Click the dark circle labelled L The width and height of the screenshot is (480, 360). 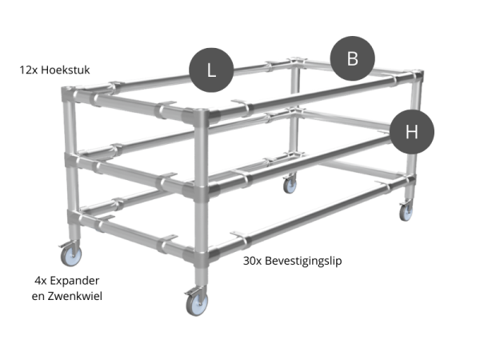pyautogui.click(x=211, y=69)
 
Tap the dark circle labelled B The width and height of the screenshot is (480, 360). pyautogui.click(x=353, y=58)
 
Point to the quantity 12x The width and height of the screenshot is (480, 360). pyautogui.click(x=29, y=70)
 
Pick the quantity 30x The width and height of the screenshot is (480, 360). pyautogui.click(x=254, y=260)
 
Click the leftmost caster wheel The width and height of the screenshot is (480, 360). pyautogui.click(x=69, y=255)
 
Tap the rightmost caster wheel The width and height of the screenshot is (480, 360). pyautogui.click(x=406, y=211)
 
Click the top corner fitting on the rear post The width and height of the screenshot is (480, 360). pyautogui.click(x=298, y=62)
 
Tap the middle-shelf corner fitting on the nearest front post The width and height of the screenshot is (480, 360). pyautogui.click(x=198, y=191)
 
